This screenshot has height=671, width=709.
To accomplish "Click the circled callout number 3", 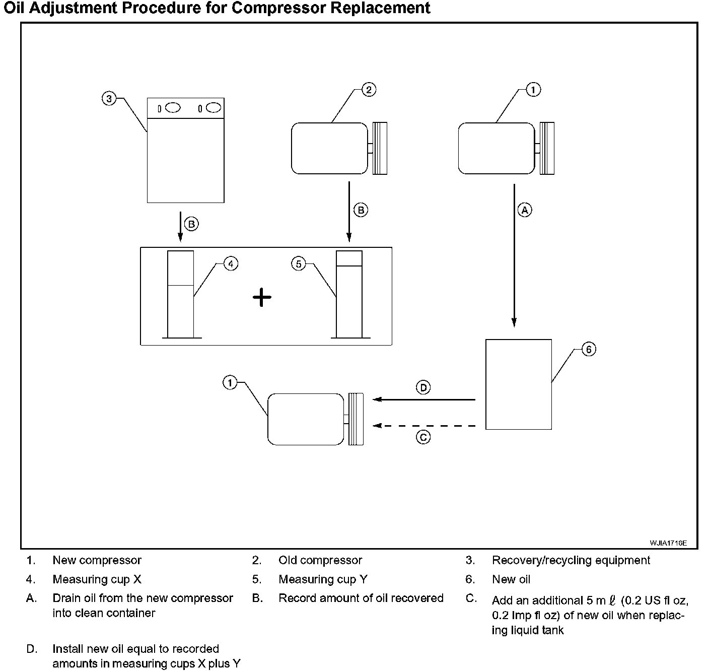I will [x=109, y=98].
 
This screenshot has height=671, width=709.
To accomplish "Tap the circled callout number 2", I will [x=369, y=90].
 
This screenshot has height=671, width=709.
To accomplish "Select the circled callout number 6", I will [x=589, y=349].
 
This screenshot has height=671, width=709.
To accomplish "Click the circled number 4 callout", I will [x=231, y=263].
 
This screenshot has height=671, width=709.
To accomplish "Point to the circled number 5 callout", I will [x=299, y=263].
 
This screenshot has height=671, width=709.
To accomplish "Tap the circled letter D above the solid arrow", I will [x=423, y=387].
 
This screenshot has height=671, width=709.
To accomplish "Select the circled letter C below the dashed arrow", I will [x=423, y=437].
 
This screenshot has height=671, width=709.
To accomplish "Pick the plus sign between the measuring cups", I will [x=262, y=298].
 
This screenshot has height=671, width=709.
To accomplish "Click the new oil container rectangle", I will [x=518, y=384].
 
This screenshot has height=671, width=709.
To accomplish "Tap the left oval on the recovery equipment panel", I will [x=173, y=108].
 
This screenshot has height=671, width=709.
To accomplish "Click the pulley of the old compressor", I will [x=380, y=149].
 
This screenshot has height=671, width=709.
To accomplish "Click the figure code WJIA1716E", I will [x=668, y=543].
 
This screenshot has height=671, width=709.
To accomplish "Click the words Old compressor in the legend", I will [x=320, y=560].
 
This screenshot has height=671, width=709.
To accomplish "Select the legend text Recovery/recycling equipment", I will [x=571, y=560].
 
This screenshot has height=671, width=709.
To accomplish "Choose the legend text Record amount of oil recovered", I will [x=361, y=598].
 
